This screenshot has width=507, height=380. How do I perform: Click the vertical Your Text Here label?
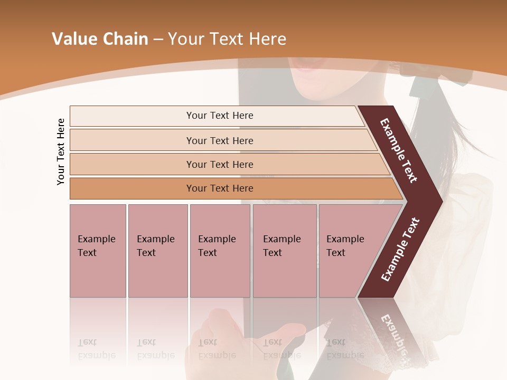(61, 151)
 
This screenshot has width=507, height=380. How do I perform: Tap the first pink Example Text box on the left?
(98, 251)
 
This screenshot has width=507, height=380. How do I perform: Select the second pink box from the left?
(158, 251)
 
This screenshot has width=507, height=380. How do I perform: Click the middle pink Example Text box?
(220, 251)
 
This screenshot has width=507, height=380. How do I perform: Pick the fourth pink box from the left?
(285, 251)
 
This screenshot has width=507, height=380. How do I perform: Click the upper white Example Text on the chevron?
(399, 150)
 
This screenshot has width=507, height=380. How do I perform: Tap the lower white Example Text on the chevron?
(400, 250)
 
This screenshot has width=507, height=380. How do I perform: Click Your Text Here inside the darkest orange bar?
(220, 188)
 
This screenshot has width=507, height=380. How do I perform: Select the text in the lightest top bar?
(220, 116)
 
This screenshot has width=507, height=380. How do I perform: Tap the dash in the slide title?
(158, 40)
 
